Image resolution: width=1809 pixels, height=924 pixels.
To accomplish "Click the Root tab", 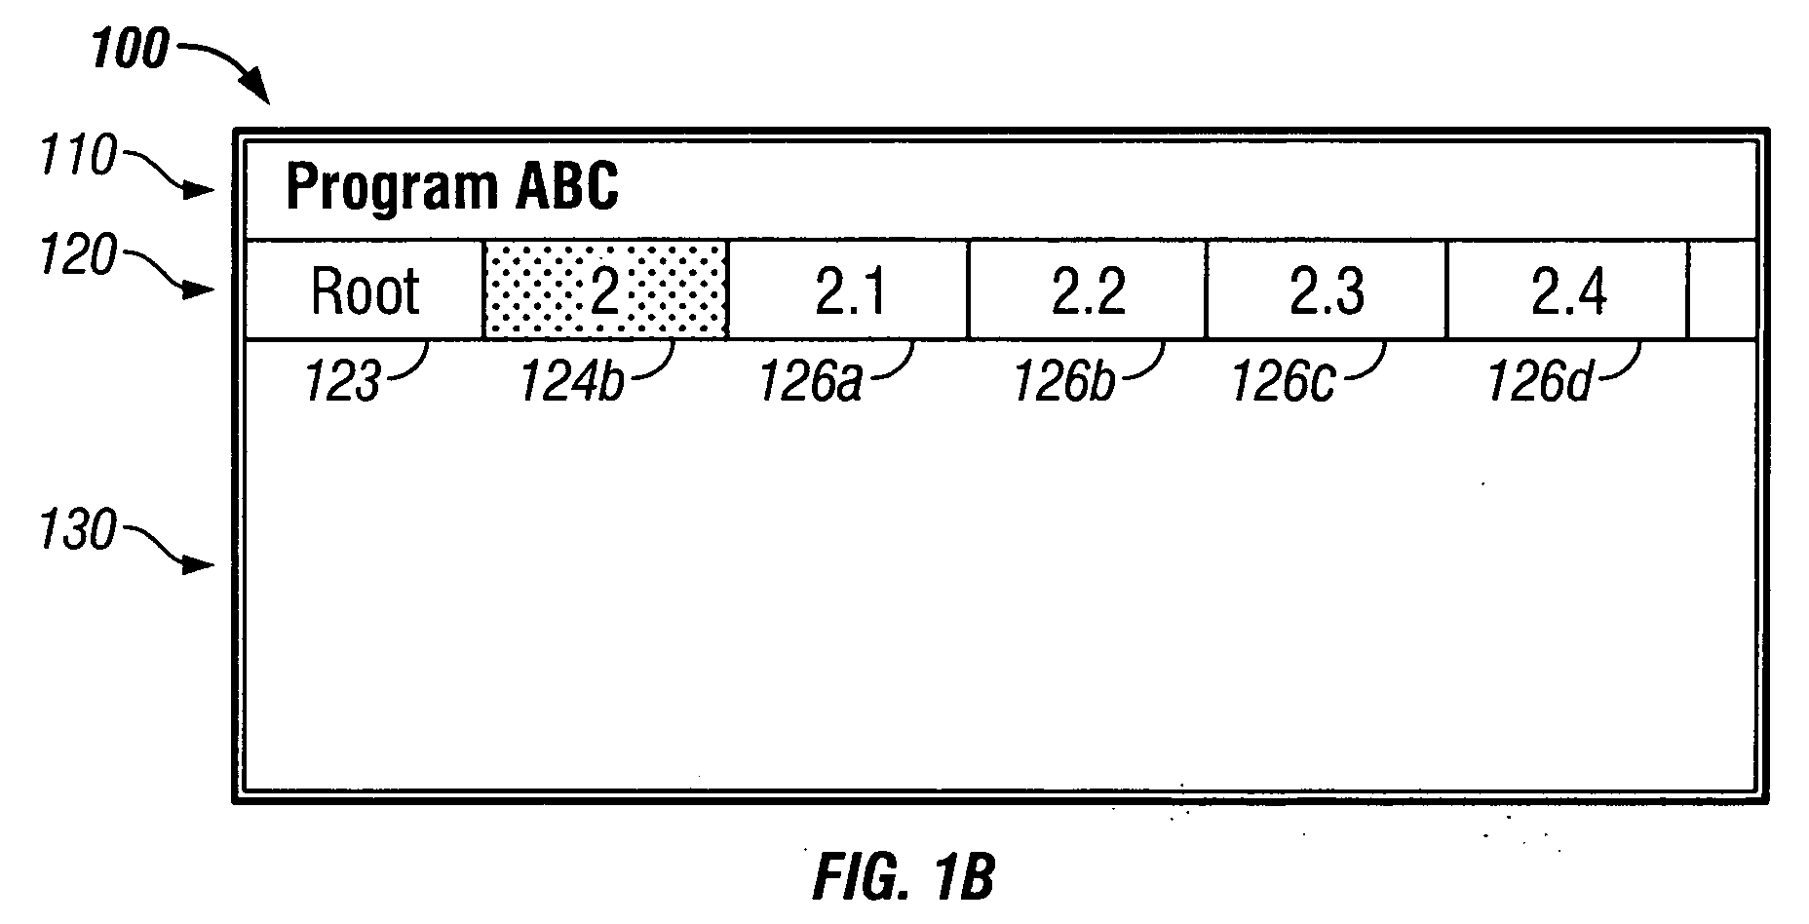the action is tap(365, 289).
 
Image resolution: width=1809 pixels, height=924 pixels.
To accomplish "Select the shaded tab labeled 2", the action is tap(605, 289).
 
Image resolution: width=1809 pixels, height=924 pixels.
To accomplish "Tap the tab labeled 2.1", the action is tap(848, 289).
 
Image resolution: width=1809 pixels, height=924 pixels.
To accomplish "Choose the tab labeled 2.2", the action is tap(1088, 289).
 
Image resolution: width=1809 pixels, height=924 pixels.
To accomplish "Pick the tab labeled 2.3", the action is tap(1327, 289).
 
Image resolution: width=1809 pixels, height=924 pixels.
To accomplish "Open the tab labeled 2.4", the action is tap(1567, 289).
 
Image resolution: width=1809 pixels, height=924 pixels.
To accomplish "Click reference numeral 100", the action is tap(131, 49).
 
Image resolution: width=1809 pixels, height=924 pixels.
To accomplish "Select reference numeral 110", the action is tap(78, 157).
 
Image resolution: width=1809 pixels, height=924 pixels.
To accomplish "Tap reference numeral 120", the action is tap(78, 257).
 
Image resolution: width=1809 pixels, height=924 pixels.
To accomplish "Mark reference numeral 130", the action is tap(78, 532).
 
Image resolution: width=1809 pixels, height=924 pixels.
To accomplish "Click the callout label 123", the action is tap(342, 382).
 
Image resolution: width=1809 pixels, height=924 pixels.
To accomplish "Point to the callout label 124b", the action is tap(572, 382).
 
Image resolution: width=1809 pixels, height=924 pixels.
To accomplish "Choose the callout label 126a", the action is tap(811, 382).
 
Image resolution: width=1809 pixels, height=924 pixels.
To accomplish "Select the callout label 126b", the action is tap(1064, 382).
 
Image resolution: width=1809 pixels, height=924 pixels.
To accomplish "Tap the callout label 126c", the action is tap(1284, 382).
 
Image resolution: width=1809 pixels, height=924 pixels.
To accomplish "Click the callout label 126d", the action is tap(1539, 382).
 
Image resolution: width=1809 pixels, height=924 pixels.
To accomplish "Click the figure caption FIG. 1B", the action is tap(904, 876).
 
